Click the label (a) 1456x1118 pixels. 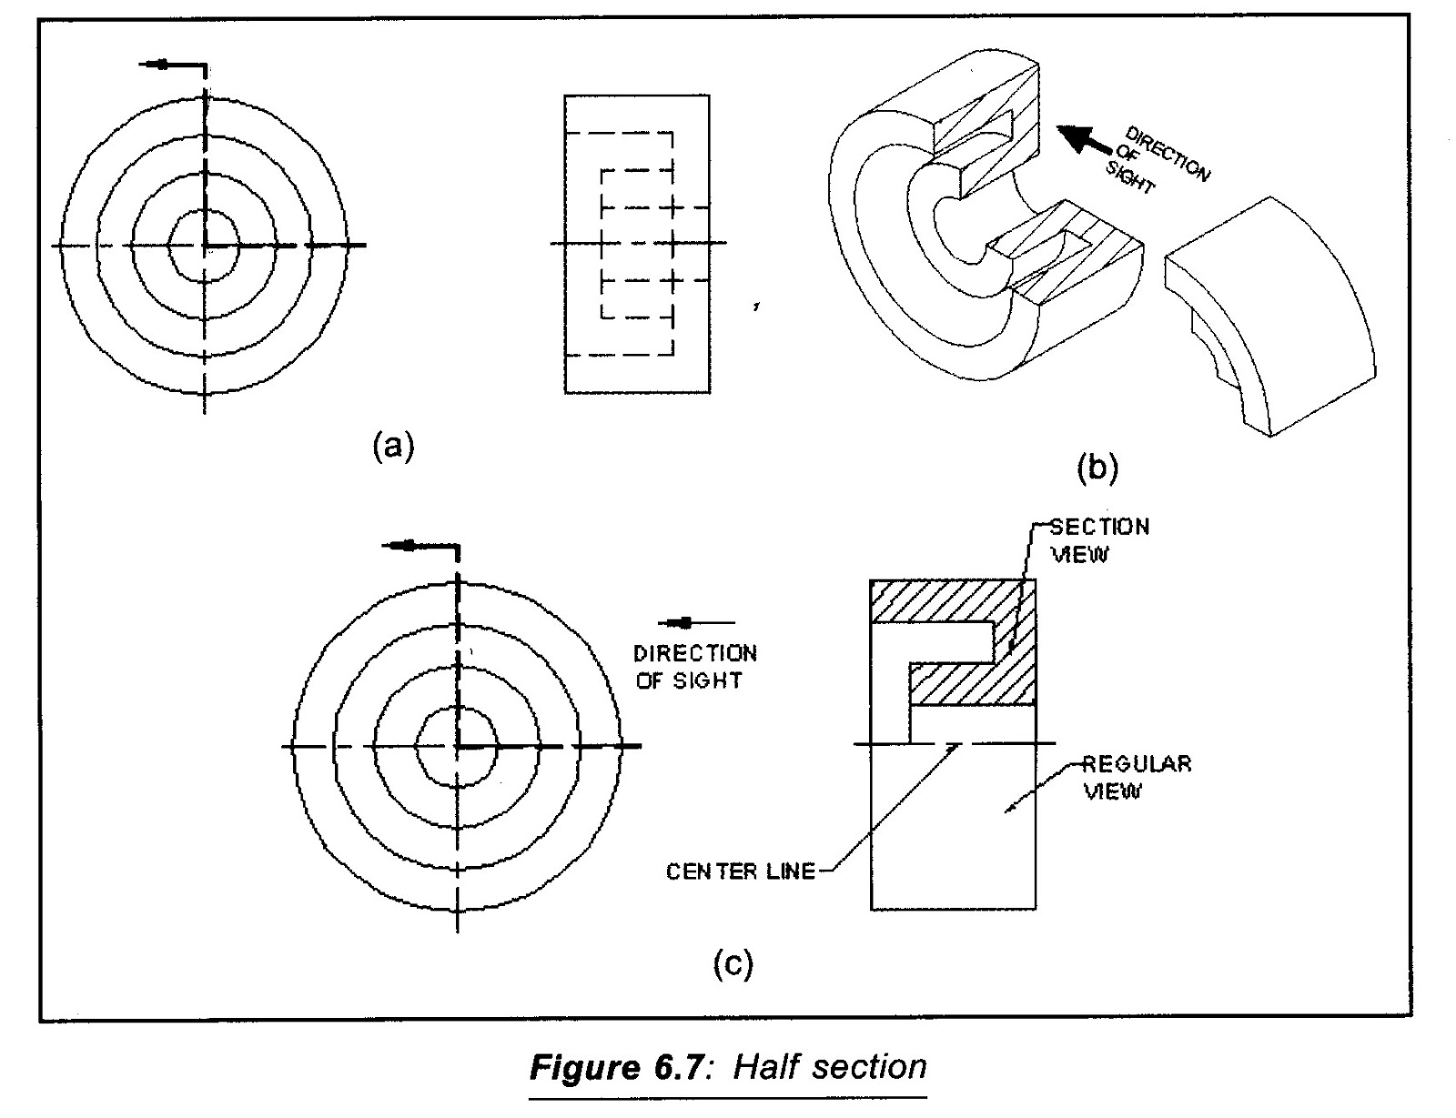[393, 447]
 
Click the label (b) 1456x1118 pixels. [1097, 468]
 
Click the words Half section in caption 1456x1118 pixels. [830, 1066]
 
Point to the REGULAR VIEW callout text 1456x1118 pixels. [1136, 777]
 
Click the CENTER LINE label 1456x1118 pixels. [741, 871]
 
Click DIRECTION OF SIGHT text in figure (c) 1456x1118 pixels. [695, 667]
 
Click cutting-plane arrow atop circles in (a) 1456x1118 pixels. [159, 65]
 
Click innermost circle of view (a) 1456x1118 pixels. [204, 245]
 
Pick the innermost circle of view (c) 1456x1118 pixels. [456, 746]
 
